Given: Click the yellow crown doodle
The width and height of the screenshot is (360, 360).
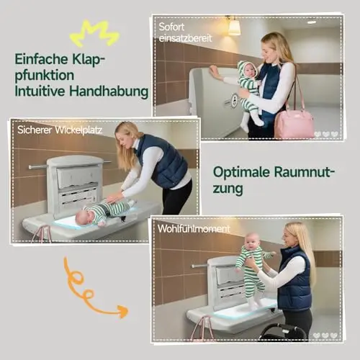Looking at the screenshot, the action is point(94,34).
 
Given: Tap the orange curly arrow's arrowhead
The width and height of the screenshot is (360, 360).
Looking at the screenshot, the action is point(123,311).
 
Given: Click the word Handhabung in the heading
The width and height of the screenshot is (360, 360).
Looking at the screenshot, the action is point(109,91).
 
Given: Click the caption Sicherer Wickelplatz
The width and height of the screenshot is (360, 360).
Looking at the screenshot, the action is point(60,130).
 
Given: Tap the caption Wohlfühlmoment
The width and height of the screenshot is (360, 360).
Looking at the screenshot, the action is point(194,229).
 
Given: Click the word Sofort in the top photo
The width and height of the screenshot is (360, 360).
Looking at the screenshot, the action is point(171,27).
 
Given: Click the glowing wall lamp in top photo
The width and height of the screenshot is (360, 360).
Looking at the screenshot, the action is point(234,27).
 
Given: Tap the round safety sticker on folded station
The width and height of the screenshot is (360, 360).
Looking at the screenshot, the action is point(235,98).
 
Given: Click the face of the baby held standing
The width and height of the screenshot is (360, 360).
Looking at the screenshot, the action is point(251,242).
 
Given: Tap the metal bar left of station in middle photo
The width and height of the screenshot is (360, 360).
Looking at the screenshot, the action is point(38,166).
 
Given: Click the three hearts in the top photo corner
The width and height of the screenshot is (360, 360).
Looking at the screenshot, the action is point(326,134).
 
